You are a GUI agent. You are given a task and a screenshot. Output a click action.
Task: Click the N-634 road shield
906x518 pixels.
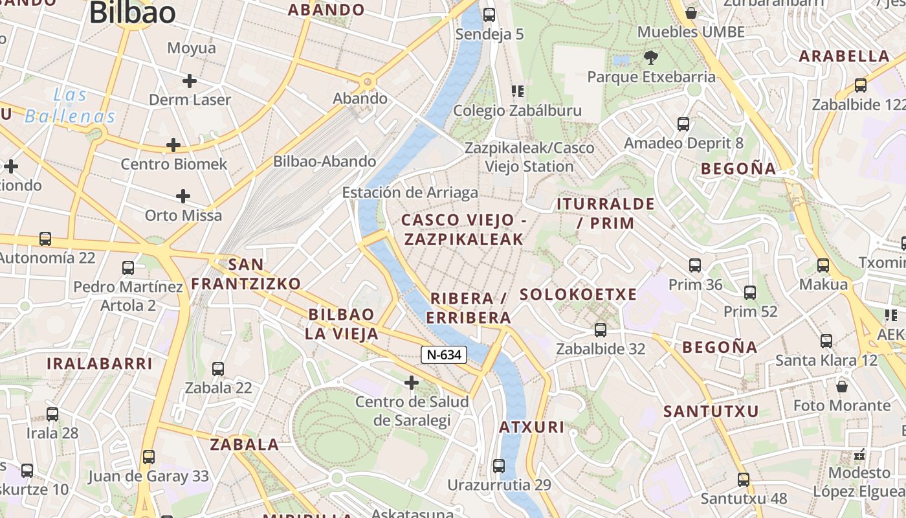point(444,355)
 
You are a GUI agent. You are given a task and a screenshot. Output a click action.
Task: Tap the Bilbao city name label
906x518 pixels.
point(133,13)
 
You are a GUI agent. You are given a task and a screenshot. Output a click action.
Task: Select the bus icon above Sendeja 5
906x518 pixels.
point(489,14)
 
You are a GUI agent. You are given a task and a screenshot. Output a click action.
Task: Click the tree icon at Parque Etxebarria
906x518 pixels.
point(651,58)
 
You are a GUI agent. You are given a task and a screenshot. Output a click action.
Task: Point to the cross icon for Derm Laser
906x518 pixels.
point(189,81)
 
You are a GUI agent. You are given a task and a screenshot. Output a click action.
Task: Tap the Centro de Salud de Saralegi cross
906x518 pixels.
point(412,383)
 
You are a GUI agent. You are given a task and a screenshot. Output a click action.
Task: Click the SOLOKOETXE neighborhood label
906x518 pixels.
point(579,295)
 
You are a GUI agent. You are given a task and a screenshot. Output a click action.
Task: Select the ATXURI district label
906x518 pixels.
point(532,427)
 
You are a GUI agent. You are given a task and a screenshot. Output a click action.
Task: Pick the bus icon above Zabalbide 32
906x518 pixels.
point(601,330)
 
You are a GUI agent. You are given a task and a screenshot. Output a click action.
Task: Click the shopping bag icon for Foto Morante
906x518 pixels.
point(842,387)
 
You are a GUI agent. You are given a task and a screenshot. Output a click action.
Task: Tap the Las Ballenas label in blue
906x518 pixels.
point(70,106)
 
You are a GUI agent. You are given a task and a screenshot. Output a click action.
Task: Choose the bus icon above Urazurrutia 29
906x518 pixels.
point(498,466)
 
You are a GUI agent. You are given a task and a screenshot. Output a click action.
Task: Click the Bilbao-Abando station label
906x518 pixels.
point(324,161)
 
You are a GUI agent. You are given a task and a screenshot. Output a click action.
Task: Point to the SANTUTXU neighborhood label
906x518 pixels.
point(711,411)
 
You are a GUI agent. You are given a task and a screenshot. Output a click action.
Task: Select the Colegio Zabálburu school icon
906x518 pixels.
point(517,91)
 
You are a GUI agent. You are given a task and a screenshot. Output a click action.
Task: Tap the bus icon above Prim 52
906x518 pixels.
point(750,293)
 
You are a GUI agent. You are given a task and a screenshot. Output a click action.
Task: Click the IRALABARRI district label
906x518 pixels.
point(100,363)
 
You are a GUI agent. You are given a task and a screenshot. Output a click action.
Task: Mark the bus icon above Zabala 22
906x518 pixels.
point(218,369)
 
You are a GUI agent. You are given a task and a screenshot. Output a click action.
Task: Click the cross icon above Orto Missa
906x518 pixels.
point(183,196)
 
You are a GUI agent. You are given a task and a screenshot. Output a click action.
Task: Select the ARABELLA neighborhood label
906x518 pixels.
point(845,56)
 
